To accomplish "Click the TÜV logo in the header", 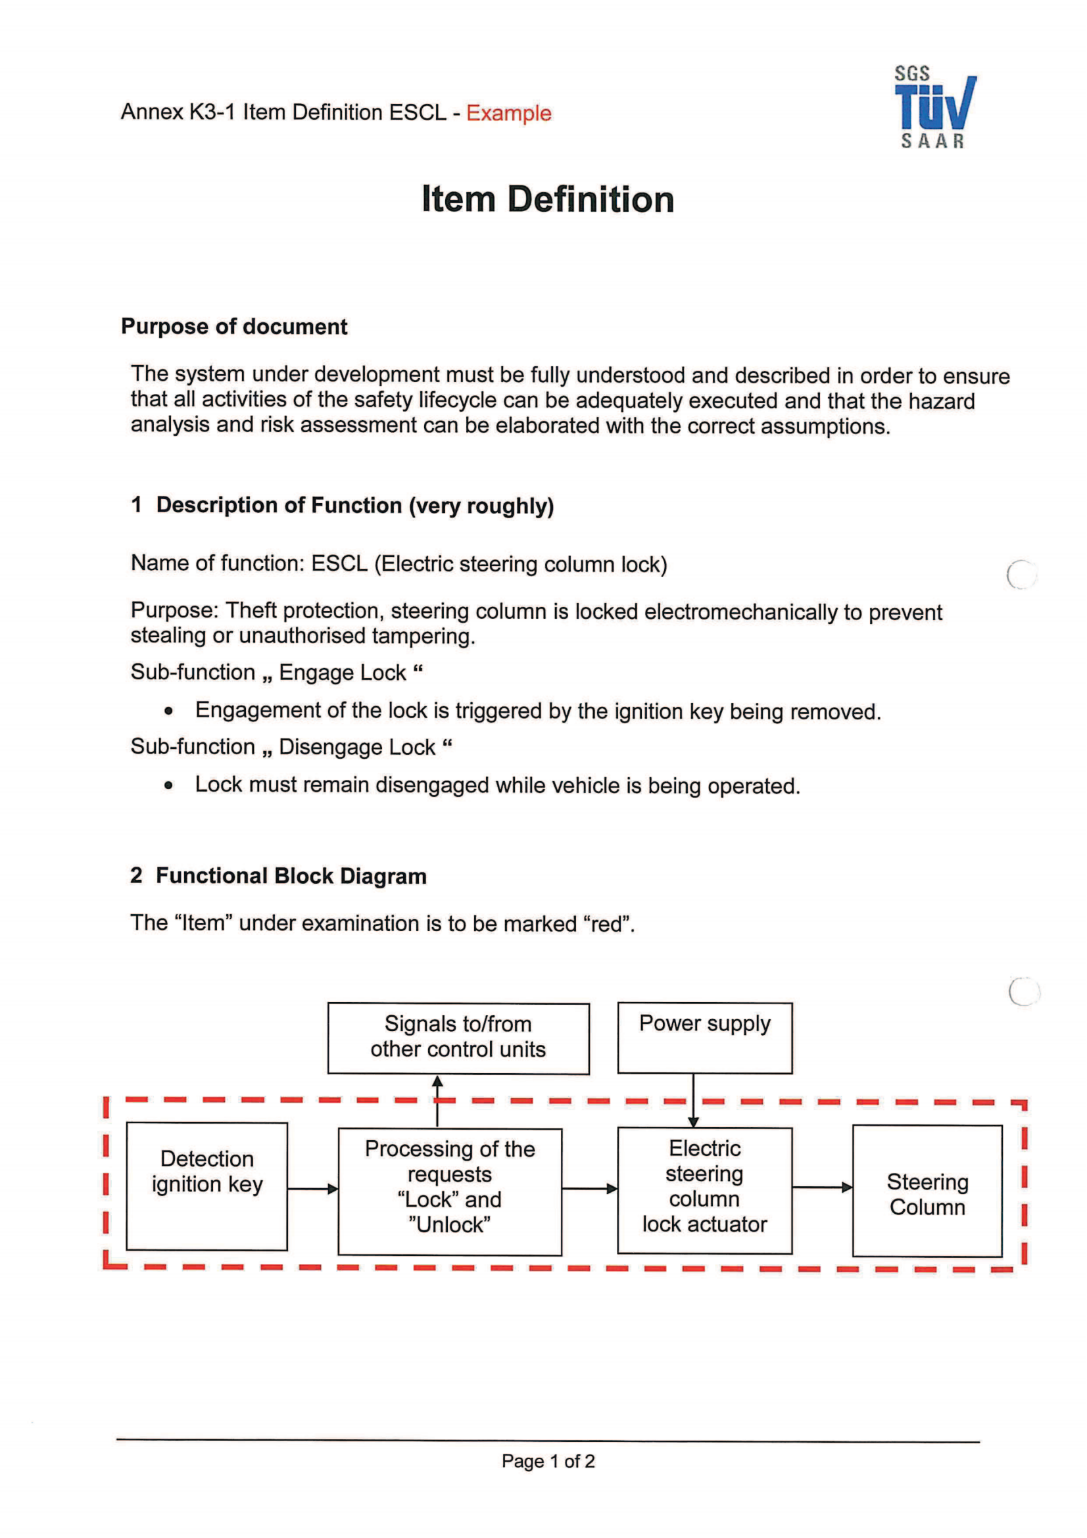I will coord(934,107).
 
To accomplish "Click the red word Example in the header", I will coord(508,113).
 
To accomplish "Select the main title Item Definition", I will coord(547,200).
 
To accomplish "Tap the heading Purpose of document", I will coord(233,326).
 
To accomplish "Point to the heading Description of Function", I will coord(354,505).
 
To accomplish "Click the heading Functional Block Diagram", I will coord(291,875).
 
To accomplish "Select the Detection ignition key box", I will coord(207,1186).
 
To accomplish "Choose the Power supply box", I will coord(704,1038).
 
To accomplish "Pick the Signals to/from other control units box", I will coord(458,1038).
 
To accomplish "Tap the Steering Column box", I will coord(927,1191).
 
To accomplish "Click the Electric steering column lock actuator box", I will coord(704,1190).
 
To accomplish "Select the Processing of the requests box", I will coord(449,1191).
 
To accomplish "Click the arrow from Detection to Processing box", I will coord(313,1189).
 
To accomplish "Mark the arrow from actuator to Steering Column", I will coord(822,1188).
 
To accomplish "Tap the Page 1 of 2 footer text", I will coord(548,1461).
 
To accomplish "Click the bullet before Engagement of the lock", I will coord(169,711).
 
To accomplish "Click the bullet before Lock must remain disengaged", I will coord(169,786).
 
